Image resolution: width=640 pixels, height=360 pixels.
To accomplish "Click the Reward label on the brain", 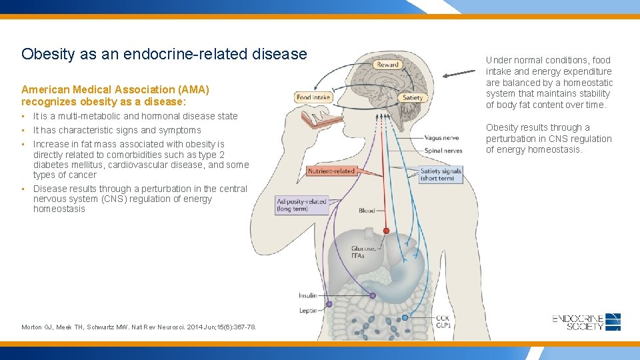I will tap(387, 65).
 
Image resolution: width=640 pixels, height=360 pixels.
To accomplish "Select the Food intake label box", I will tap(313, 97).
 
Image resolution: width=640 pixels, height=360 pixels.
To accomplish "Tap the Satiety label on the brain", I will tap(413, 97).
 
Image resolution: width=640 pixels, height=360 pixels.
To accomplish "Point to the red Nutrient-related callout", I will tap(331, 171).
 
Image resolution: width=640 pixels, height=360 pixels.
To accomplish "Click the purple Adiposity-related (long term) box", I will tap(302, 205).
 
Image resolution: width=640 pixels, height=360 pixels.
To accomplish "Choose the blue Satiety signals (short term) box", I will tap(441, 175).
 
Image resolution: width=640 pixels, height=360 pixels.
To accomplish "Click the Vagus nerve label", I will tap(441, 138).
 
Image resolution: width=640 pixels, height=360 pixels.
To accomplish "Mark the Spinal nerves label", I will tap(443, 150).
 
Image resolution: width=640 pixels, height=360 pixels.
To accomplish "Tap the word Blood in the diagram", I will tap(367, 211).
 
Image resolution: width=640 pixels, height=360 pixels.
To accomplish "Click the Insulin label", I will tap(307, 295).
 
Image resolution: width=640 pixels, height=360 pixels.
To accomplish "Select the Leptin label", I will tap(307, 310).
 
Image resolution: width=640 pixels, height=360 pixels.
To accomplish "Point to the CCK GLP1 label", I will tap(443, 321).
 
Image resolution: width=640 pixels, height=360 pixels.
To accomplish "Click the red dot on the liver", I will tap(386, 231).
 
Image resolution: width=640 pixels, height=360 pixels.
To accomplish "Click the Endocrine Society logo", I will tap(587, 321).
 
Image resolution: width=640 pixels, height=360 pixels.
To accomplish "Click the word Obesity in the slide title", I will tap(47, 54).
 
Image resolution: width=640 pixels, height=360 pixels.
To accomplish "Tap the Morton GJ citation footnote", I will tap(139, 327).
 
